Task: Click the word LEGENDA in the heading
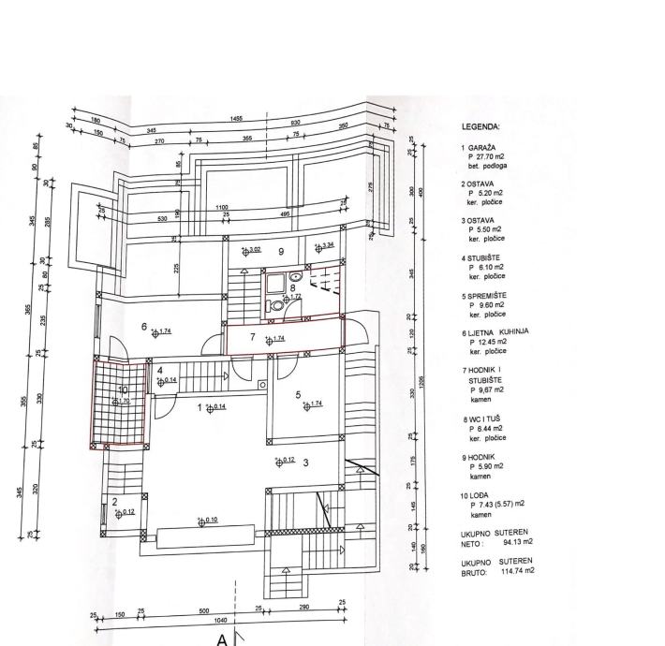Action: point(481,125)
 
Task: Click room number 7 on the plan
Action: point(252,335)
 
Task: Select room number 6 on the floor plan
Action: point(145,326)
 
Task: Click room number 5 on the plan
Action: point(298,395)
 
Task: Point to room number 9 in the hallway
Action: point(281,252)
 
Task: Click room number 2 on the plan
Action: point(115,502)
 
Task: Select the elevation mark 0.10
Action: point(209,521)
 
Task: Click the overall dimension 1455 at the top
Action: point(236,119)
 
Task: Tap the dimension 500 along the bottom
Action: point(204,611)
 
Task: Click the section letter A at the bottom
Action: point(223,639)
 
